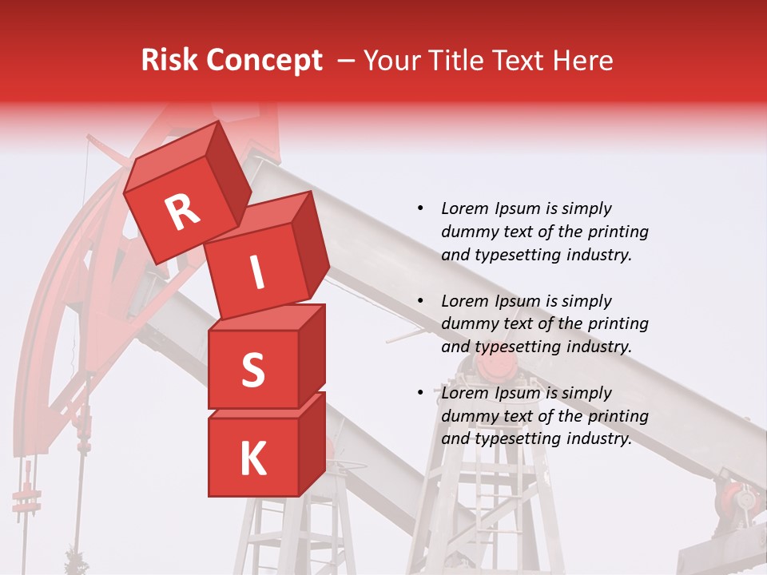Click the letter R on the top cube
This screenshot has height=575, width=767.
(182, 213)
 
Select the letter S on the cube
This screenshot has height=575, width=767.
(252, 370)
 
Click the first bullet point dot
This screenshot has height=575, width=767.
(420, 208)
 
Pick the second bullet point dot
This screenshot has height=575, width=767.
(420, 301)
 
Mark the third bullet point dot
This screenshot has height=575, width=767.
(420, 393)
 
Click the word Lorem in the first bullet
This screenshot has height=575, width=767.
(464, 208)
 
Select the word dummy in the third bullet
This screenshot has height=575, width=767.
(468, 416)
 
